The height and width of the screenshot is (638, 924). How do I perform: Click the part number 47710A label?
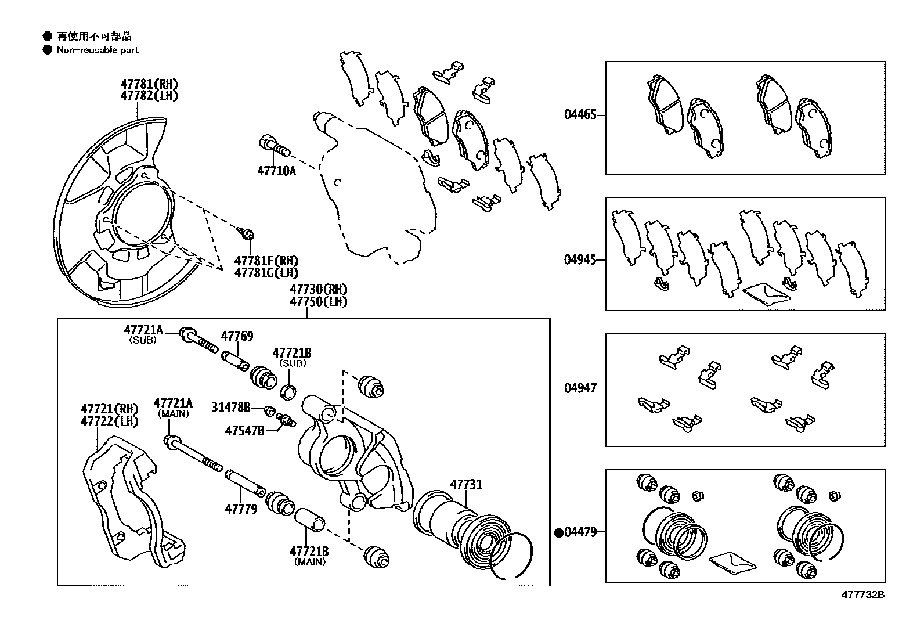(276, 171)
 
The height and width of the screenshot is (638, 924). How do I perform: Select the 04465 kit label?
(580, 115)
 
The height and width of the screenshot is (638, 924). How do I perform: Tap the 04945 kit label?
(580, 259)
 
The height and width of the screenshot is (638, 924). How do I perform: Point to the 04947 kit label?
(580, 388)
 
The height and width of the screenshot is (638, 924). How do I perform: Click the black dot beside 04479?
(560, 532)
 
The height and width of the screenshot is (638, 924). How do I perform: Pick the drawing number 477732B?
(863, 595)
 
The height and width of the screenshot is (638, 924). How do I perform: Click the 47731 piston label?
(466, 484)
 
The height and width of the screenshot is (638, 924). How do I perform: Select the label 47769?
(237, 336)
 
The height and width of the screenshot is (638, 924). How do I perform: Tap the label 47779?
(241, 510)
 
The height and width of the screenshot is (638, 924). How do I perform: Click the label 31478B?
(231, 408)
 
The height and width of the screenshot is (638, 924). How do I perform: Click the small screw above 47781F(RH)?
(246, 234)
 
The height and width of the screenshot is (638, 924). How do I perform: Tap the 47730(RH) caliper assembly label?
(319, 289)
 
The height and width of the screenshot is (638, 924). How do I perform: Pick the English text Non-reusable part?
(98, 50)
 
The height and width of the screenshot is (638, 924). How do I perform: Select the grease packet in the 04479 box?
(732, 561)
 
